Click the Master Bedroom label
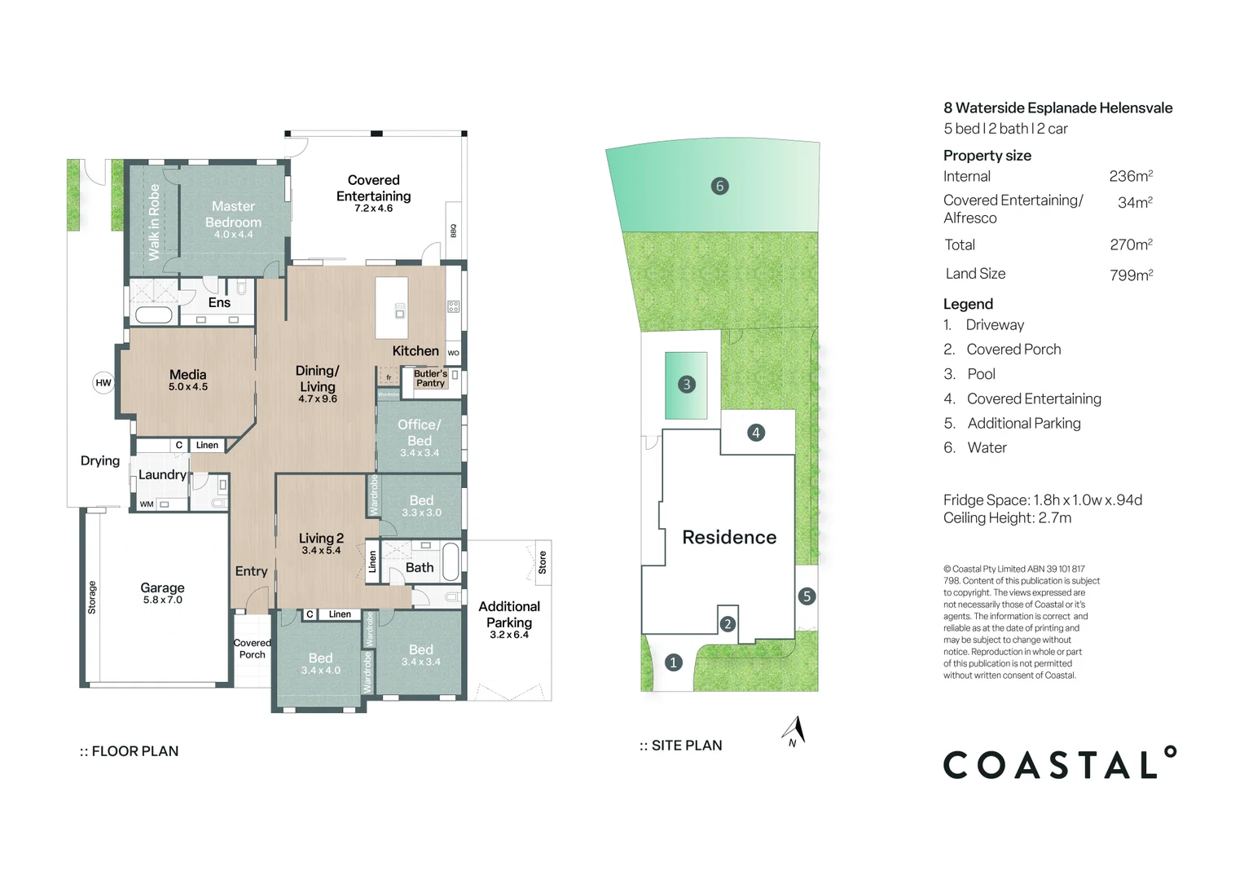pos(233,214)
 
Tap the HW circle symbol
pos(103,383)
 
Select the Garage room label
pos(162,587)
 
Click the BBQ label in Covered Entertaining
pos(454,231)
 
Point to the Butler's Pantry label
pos(430,378)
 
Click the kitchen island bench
pos(392,308)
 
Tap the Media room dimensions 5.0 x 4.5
pos(188,387)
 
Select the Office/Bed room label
pos(420,433)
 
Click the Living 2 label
pos(321,538)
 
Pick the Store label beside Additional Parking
pos(543,561)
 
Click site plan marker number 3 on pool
pos(687,385)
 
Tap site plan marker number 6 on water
pos(719,186)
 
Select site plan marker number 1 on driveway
pos(674,662)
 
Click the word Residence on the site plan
pos(729,537)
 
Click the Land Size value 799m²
pos(1131,275)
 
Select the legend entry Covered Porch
pos(1013,350)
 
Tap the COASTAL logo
pos(1059,763)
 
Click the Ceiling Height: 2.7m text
pos(1007,518)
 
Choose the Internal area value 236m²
pos(1131,176)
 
